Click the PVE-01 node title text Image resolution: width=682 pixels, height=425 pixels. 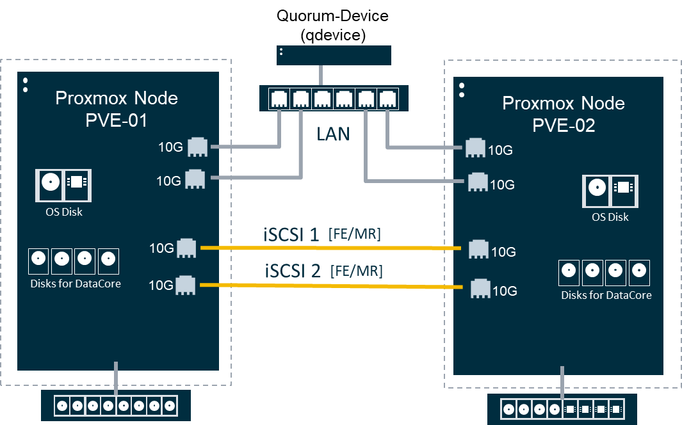(117, 109)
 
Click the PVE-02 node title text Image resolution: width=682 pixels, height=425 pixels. (564, 114)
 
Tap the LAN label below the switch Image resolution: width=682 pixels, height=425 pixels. (333, 134)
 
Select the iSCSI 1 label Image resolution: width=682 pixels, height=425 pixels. (292, 234)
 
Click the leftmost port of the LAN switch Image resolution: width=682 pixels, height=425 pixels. (280, 99)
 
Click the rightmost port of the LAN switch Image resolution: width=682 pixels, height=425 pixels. (387, 99)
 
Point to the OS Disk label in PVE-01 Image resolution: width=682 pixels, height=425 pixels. (63, 212)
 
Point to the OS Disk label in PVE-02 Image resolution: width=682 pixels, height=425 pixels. (610, 217)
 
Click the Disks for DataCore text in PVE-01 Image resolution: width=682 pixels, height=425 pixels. (75, 284)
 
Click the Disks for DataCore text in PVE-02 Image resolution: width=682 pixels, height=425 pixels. (606, 295)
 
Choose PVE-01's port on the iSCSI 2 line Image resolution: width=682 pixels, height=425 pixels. (186, 285)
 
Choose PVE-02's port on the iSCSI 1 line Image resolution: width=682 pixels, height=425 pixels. (478, 250)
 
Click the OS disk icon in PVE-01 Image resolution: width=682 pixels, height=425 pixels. (63, 182)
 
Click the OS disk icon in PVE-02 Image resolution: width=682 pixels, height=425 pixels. (610, 189)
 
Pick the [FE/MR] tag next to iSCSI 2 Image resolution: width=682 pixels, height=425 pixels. (356, 271)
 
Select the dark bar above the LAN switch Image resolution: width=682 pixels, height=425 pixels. (334, 55)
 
